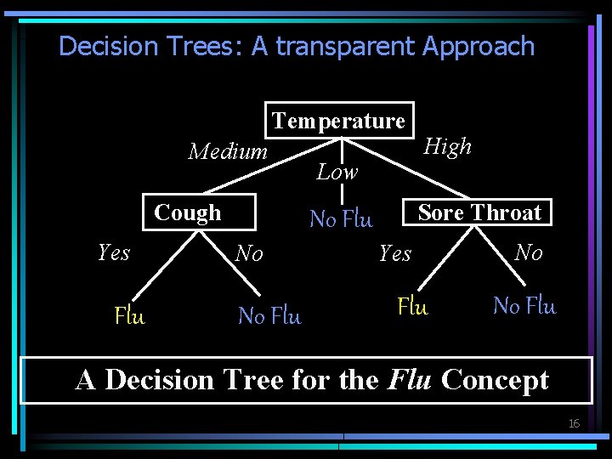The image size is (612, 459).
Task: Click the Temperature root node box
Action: [339, 121]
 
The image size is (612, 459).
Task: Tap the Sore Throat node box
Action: [479, 212]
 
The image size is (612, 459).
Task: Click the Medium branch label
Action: [228, 152]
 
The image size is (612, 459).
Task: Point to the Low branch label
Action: [337, 173]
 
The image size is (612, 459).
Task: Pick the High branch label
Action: [447, 147]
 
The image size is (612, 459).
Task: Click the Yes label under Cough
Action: [114, 252]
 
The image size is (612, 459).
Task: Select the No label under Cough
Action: [249, 253]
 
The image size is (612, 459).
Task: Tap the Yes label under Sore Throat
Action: [395, 253]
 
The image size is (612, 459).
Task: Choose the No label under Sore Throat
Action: [529, 252]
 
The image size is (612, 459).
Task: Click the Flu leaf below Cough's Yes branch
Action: [129, 317]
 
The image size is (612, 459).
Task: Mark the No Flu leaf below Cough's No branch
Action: [269, 316]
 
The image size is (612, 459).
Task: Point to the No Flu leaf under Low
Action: [341, 219]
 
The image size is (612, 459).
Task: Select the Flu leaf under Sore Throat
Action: [412, 306]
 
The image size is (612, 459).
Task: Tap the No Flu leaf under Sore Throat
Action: [524, 306]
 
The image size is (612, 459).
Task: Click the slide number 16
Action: [574, 423]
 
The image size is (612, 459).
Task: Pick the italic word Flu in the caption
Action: [411, 380]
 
